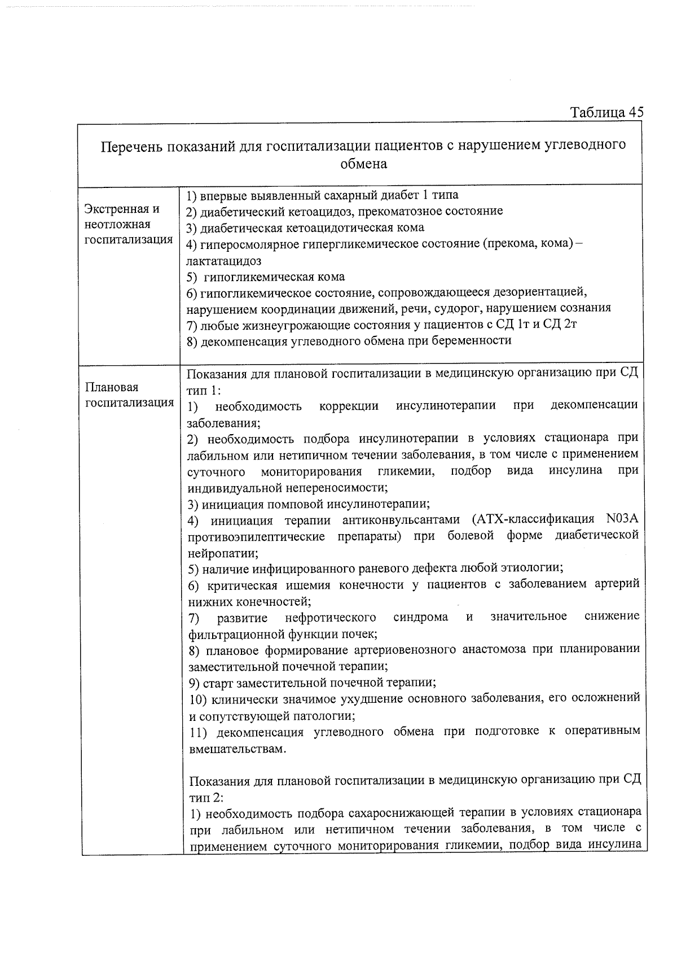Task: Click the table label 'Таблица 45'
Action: click(606, 112)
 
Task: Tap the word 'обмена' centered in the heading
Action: click(363, 164)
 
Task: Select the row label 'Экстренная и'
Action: click(122, 209)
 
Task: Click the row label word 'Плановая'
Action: click(111, 387)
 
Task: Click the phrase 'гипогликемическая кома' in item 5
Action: click(274, 277)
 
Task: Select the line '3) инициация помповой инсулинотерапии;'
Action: click(309, 504)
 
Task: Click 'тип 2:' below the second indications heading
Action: click(206, 797)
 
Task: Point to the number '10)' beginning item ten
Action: click(198, 699)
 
